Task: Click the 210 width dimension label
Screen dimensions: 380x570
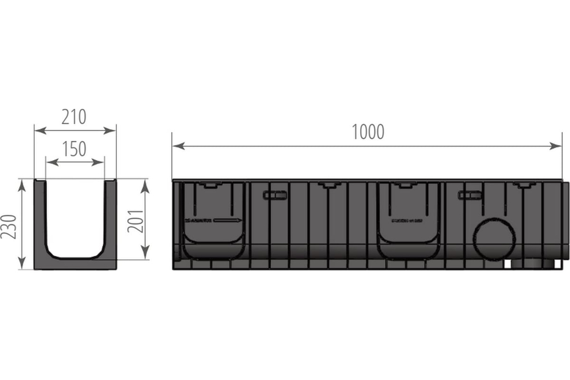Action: pos(75,117)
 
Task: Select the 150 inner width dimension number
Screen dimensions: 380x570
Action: pos(75,149)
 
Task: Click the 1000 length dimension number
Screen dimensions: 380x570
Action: pos(368,132)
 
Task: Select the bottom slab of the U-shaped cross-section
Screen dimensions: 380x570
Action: pos(75,263)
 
